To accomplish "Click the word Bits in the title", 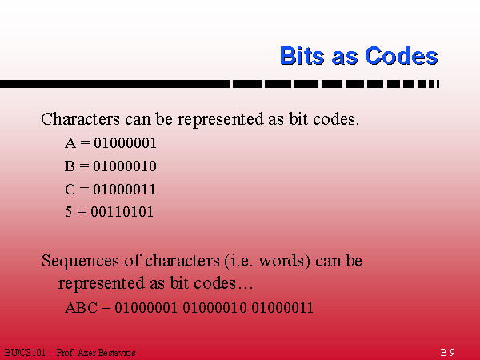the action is tap(302, 56).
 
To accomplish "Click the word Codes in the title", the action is tap(402, 56).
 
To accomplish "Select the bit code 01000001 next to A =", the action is tap(125, 143).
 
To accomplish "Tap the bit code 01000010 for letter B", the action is tap(125, 166).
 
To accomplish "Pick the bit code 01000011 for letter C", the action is tap(125, 189).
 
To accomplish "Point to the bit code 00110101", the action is tap(122, 212).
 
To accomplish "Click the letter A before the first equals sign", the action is tap(70, 143).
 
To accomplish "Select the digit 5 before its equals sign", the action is tap(69, 212).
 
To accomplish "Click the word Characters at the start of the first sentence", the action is tap(81, 118).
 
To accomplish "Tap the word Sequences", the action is tap(80, 262).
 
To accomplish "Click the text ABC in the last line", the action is tap(81, 308).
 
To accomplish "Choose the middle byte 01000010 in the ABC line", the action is tap(214, 308).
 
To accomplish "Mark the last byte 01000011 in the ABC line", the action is tap(282, 308).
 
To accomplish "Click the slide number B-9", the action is tap(447, 352).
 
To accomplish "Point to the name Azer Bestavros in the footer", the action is tap(106, 353).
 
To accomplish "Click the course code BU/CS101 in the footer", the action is tap(25, 353).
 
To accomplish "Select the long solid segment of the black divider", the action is tap(114, 84).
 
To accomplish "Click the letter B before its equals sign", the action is tap(70, 166).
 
